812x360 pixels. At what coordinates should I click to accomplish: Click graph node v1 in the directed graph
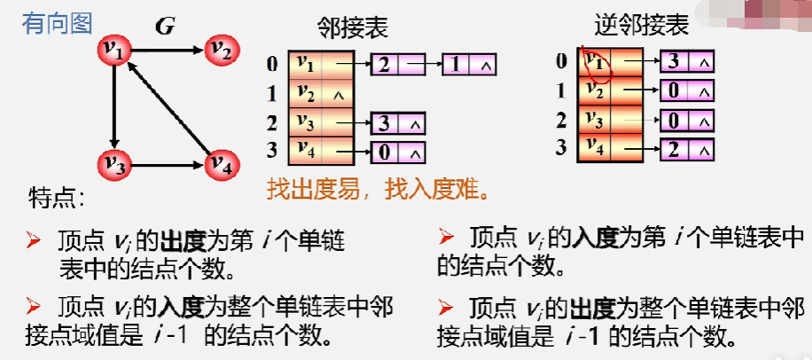coord(114,51)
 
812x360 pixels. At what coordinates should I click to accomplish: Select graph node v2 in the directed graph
coord(222,51)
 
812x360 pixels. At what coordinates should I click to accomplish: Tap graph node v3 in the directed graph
coord(114,164)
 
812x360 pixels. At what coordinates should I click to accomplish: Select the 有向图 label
coord(57,22)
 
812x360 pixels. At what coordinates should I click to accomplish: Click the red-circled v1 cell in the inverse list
coord(596,62)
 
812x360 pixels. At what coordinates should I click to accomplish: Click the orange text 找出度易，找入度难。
coord(379,189)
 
